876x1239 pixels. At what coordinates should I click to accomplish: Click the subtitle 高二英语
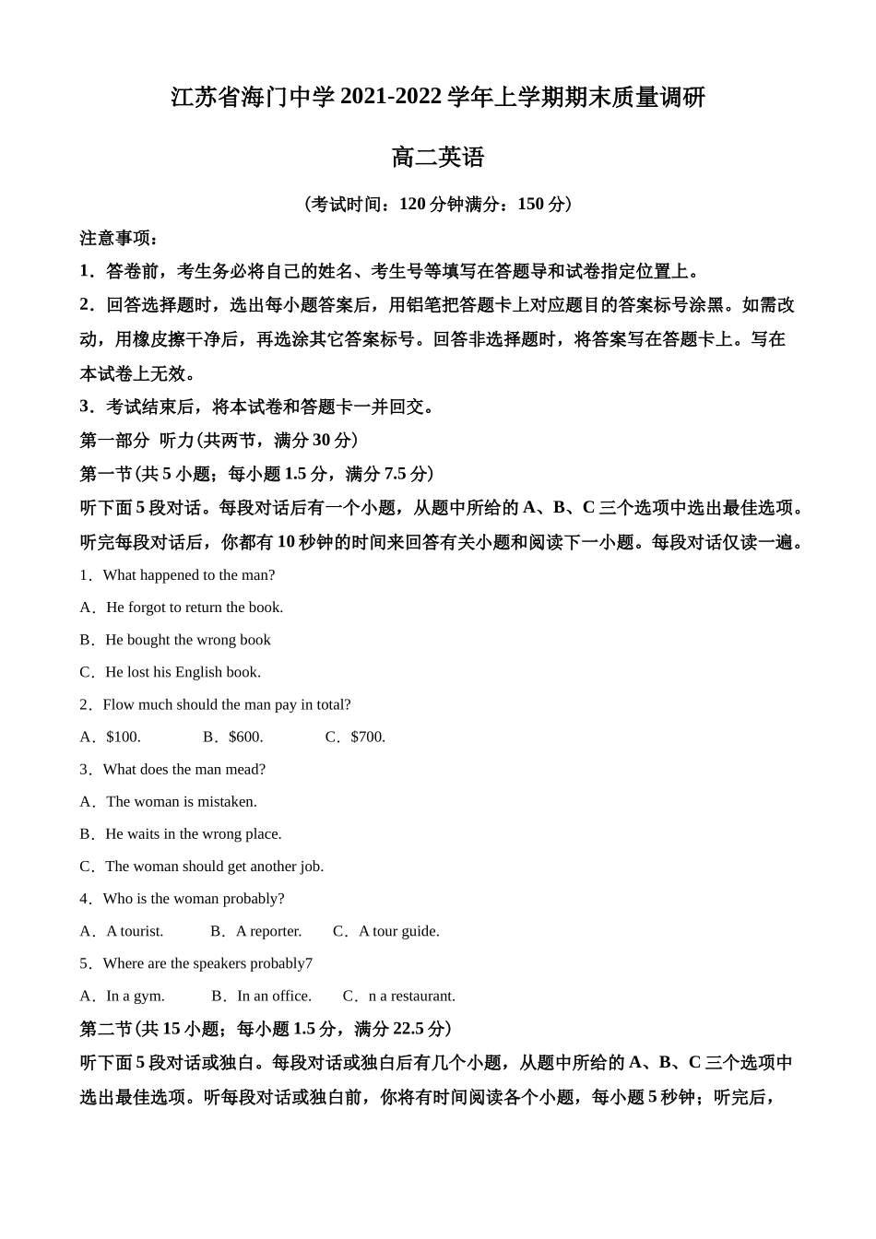(x=437, y=158)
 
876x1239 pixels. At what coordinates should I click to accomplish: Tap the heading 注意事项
(x=118, y=238)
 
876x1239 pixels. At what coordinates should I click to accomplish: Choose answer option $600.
(x=245, y=737)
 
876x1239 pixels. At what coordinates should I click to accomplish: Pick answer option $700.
(x=368, y=737)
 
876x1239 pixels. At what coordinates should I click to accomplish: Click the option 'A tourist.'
(x=135, y=931)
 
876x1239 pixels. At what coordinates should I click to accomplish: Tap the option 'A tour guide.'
(x=398, y=931)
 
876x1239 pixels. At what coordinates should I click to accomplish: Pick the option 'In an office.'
(x=274, y=996)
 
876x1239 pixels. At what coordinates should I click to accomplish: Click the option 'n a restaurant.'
(x=411, y=996)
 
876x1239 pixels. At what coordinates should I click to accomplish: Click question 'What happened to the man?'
(x=188, y=575)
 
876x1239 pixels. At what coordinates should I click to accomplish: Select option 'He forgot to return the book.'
(x=194, y=608)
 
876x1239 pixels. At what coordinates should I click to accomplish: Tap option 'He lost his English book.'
(x=183, y=672)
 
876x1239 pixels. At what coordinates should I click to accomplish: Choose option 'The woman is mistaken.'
(x=181, y=802)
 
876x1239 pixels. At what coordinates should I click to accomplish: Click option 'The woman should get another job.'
(x=214, y=867)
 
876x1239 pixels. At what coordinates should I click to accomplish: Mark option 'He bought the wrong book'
(x=187, y=640)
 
